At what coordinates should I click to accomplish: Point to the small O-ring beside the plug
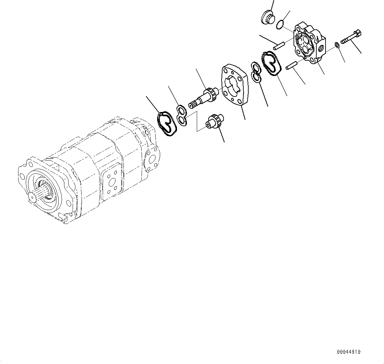pos(280,24)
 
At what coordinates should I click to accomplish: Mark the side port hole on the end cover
pos(320,48)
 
